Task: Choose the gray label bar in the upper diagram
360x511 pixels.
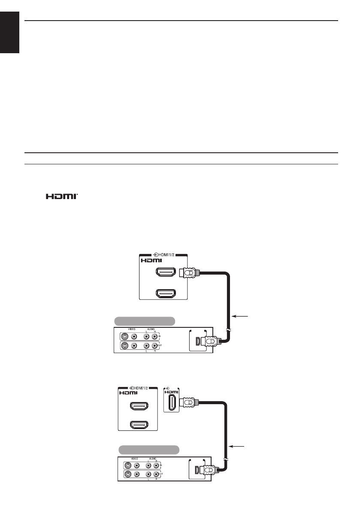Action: point(145,321)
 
